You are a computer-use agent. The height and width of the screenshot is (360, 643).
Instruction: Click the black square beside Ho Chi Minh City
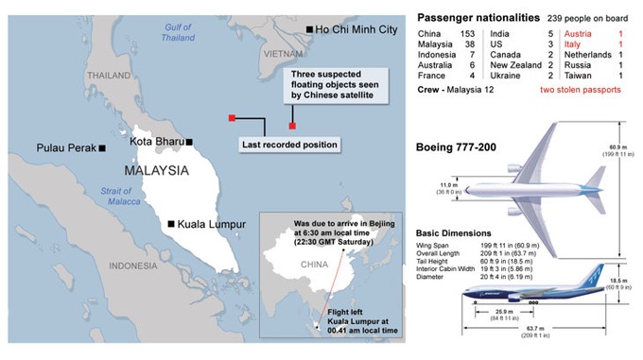(x=311, y=31)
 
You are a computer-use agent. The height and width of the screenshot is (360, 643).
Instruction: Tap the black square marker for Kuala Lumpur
(x=170, y=224)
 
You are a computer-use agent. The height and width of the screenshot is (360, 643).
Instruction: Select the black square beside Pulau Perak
(x=102, y=148)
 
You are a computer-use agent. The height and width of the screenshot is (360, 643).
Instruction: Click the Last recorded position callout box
(x=288, y=145)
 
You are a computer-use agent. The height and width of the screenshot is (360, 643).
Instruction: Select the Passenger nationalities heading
(x=478, y=17)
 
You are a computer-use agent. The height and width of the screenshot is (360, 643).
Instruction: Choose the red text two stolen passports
(x=581, y=89)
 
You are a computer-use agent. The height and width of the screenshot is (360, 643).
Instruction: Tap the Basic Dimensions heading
(x=453, y=232)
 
